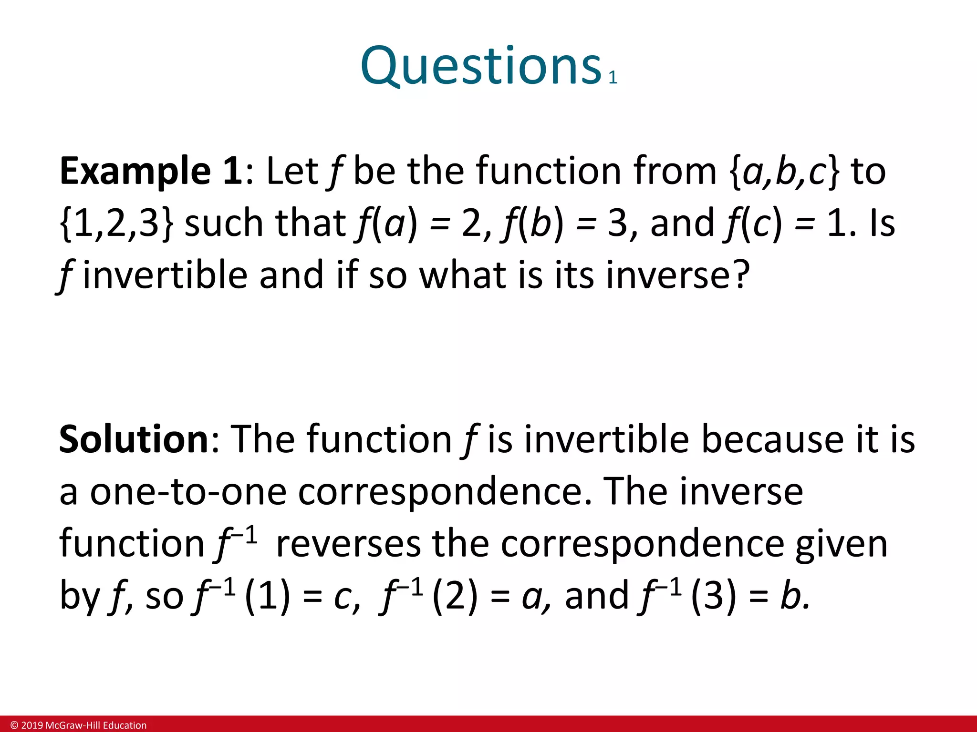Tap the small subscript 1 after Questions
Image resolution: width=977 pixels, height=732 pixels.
click(x=613, y=78)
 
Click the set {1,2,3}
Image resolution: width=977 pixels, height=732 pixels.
click(x=117, y=224)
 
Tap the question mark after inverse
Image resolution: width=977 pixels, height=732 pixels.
click(x=739, y=275)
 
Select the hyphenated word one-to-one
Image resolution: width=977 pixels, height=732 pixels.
click(x=188, y=492)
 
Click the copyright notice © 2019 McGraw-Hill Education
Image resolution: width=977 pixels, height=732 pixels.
click(x=79, y=725)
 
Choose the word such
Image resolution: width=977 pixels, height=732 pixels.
click(x=224, y=224)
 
